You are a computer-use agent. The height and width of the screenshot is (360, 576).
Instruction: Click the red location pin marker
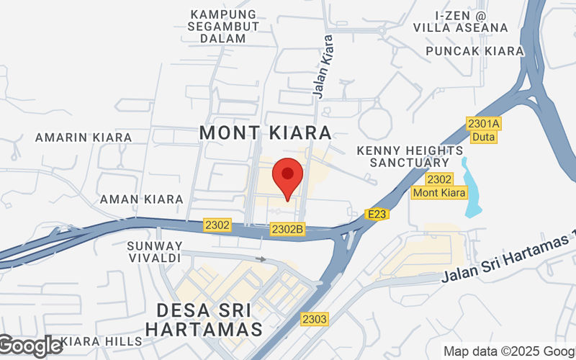[288, 178]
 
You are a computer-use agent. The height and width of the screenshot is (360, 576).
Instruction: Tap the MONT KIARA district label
[266, 132]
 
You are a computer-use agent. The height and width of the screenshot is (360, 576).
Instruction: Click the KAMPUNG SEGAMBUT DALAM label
[223, 26]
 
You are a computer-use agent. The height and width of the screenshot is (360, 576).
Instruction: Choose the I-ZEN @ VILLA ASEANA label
[461, 21]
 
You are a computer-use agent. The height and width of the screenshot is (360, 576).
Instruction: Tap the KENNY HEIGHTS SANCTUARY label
[410, 156]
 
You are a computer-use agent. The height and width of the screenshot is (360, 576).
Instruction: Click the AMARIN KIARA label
[84, 137]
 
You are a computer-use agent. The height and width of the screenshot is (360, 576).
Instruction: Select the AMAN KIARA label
[141, 199]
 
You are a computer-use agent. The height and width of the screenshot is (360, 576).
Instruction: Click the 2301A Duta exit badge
[484, 130]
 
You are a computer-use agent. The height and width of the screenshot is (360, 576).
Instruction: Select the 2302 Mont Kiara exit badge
[439, 186]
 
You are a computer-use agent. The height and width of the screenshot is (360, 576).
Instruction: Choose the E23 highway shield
[377, 214]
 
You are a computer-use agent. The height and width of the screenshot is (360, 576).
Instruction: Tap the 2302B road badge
[288, 229]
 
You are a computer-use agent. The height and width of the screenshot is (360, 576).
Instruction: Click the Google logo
[32, 346]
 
